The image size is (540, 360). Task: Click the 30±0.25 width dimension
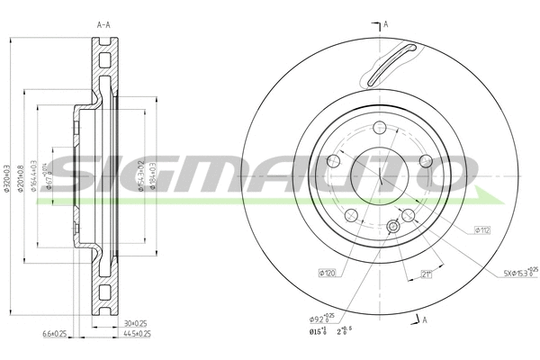coord(135,322)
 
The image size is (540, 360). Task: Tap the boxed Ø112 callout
coord(482,230)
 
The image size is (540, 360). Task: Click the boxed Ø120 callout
coord(326,273)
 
